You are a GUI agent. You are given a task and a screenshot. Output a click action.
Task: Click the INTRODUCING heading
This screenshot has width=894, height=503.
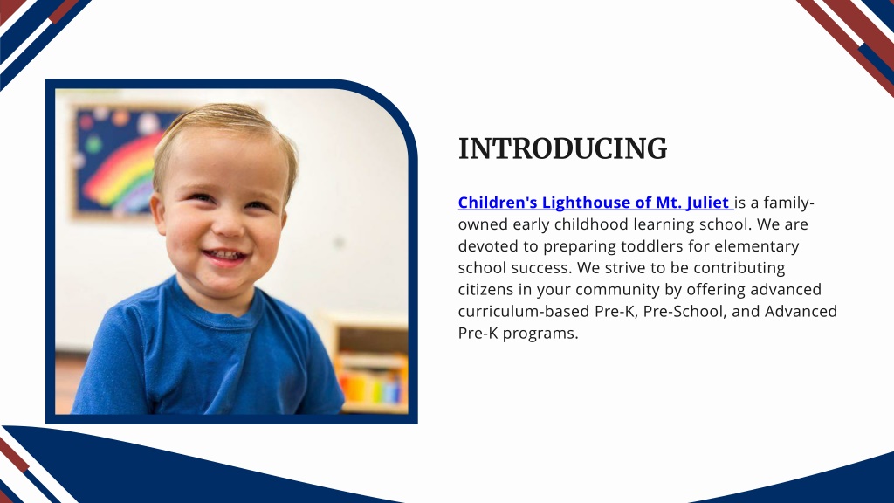[x=563, y=148]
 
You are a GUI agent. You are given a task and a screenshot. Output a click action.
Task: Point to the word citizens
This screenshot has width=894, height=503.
[x=485, y=289]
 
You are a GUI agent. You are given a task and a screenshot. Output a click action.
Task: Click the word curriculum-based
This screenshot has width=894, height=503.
[x=524, y=312]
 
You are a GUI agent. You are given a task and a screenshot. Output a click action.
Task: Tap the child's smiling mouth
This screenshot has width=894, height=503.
[x=224, y=256]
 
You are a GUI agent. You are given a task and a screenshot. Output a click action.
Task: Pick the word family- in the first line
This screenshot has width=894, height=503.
[x=788, y=203]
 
